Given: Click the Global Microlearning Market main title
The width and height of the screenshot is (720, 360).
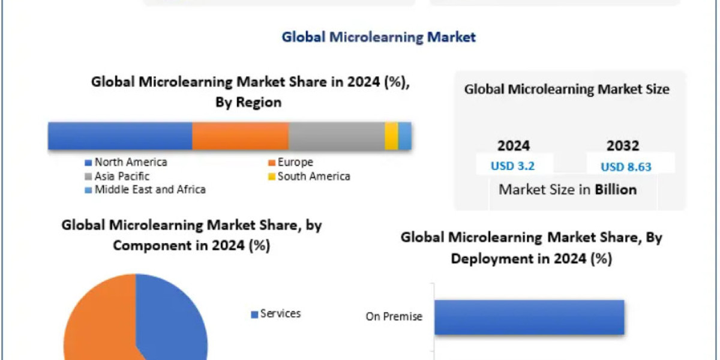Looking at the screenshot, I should tap(379, 37).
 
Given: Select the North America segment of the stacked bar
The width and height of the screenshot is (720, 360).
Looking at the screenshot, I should tap(120, 136).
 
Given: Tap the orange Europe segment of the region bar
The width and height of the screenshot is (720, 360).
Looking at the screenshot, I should tap(240, 136).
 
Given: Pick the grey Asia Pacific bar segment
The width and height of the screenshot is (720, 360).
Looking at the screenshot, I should tap(336, 136).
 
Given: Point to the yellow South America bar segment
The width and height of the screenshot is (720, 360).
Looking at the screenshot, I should tap(391, 136).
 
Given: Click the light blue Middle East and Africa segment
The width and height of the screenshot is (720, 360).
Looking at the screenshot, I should tap(405, 136).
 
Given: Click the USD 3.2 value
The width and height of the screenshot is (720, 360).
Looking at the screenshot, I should tap(514, 166).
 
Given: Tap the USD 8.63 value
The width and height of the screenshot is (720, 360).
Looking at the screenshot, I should tap(626, 167).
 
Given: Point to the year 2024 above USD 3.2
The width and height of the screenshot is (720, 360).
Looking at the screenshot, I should tap(514, 146).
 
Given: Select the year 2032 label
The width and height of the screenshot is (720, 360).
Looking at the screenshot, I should tap(623, 146).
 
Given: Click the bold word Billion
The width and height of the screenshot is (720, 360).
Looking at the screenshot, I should tap(616, 190).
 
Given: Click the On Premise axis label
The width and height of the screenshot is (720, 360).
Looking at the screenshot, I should tap(394, 316).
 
